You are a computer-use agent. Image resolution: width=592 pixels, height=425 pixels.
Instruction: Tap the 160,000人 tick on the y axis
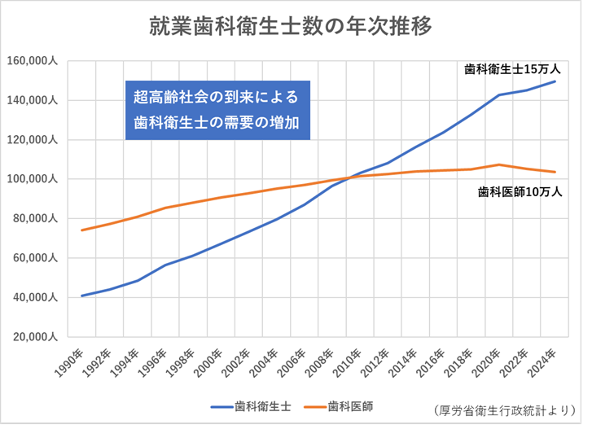coord(32,61)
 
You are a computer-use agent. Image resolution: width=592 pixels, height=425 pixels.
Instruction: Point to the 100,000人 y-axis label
coord(32,179)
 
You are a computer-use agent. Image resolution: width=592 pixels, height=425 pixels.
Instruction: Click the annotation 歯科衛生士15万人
coord(512,69)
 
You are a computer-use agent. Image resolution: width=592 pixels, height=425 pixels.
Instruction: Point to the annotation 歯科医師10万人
coord(519,193)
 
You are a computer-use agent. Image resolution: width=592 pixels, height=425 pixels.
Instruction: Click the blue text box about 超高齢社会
coord(217,110)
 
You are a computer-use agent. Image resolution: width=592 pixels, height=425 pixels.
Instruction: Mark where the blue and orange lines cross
coord(345,177)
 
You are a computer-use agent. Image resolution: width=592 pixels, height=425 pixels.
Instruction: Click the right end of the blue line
coord(555,81)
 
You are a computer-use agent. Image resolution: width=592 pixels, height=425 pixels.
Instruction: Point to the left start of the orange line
coord(82,230)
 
